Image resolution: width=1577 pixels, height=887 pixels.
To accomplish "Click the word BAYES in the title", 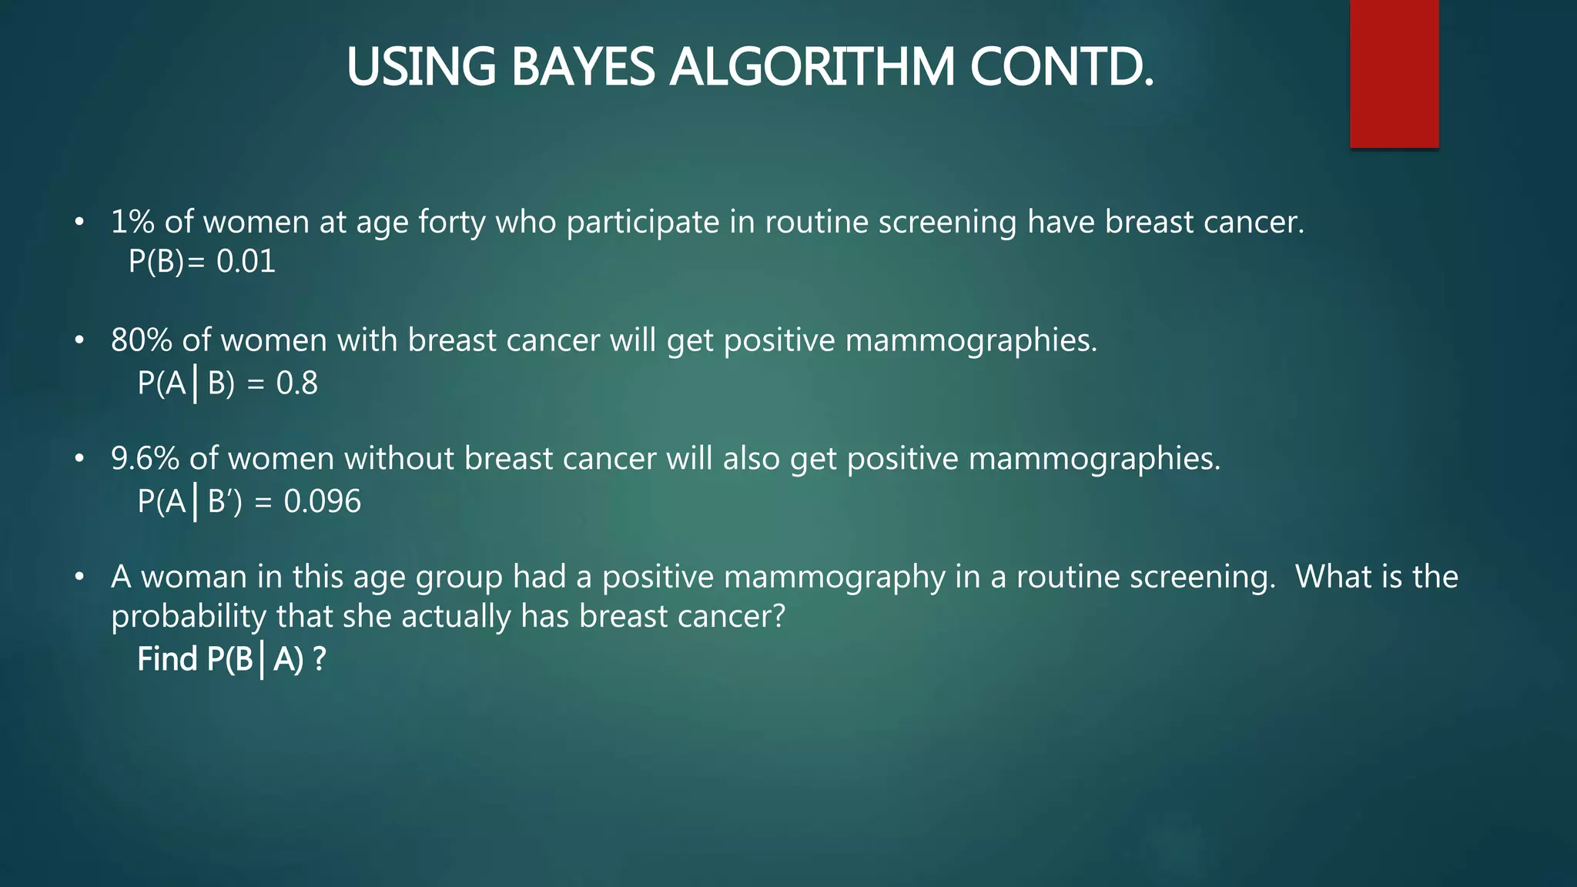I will [x=582, y=67].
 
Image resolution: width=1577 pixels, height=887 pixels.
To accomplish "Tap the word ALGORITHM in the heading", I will [x=812, y=67].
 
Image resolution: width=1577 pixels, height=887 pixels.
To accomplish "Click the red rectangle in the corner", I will [x=1394, y=74].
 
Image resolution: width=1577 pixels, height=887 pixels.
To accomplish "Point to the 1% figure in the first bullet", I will [x=132, y=223].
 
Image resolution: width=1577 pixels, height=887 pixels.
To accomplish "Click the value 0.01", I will [x=246, y=262].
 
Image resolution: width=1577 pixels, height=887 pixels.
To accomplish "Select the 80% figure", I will [x=141, y=340].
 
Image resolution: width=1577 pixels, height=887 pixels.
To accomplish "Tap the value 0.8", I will [x=296, y=383].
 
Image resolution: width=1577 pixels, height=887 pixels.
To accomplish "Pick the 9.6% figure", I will [x=145, y=459].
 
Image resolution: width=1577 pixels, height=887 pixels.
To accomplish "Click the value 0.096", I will [x=322, y=502].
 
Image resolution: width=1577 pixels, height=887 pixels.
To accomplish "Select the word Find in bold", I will [x=167, y=660].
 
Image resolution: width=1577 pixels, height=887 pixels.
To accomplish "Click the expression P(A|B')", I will [x=189, y=502].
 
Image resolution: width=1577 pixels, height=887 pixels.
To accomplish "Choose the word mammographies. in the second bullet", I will [x=971, y=340].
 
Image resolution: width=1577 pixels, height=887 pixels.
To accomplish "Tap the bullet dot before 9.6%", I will [x=79, y=459].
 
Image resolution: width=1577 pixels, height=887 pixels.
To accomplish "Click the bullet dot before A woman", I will [x=79, y=577].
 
